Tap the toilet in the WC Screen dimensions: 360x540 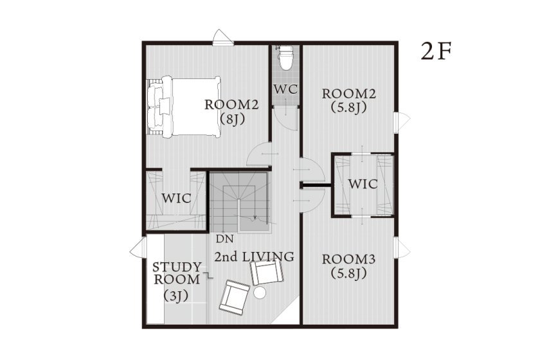pyautogui.click(x=285, y=58)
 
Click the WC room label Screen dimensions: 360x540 pyautogui.click(x=285, y=89)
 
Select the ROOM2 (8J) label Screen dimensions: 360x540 pyautogui.click(x=231, y=111)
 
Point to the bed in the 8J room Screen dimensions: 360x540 pyautogui.click(x=184, y=105)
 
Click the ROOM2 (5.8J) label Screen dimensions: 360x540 pyautogui.click(x=349, y=100)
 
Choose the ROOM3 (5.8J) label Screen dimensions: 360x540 pyautogui.click(x=348, y=265)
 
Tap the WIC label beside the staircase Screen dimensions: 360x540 pyautogui.click(x=175, y=198)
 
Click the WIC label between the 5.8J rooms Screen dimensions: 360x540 pyautogui.click(x=363, y=184)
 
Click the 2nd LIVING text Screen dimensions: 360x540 pyautogui.click(x=254, y=257)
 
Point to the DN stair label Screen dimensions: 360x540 pyautogui.click(x=224, y=239)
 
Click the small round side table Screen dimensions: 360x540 pyautogui.click(x=260, y=292)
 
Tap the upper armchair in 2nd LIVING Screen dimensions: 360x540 pyautogui.click(x=266, y=273)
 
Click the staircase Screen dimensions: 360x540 pyautogui.click(x=240, y=201)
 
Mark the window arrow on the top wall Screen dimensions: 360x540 pyautogui.click(x=221, y=35)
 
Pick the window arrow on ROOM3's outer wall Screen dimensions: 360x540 pyautogui.click(x=403, y=248)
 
